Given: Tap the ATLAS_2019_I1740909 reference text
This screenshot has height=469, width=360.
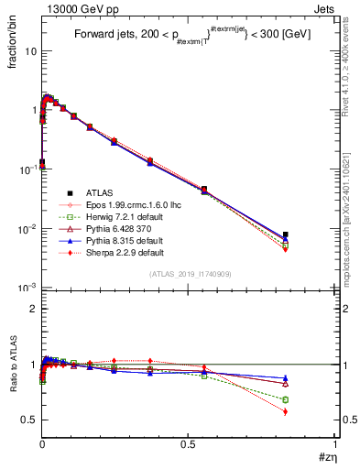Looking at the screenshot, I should (x=189, y=275).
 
